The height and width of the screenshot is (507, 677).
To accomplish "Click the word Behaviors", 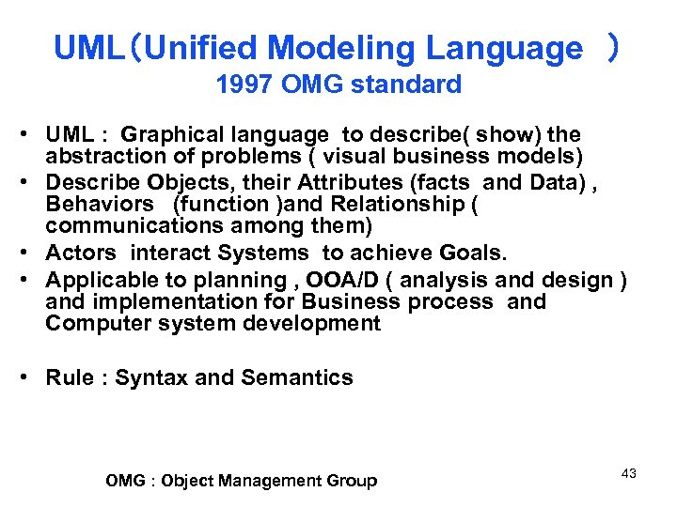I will point(100,204).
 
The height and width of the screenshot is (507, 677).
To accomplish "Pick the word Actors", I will point(82,253).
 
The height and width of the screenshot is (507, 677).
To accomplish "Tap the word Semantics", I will point(297,377).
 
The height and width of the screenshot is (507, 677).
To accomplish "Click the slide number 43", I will point(629,473).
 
